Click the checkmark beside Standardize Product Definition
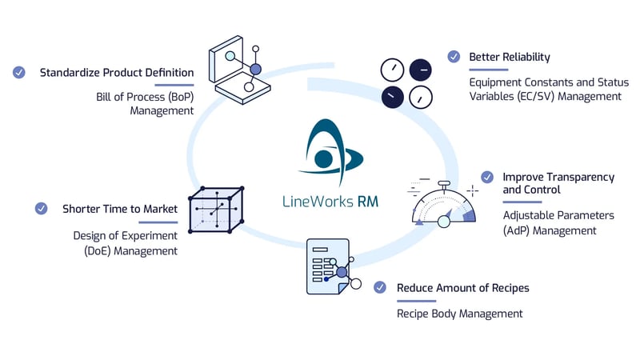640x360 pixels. coord(19,73)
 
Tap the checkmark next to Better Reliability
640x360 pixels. coord(454,57)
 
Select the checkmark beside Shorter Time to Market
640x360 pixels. coord(42,209)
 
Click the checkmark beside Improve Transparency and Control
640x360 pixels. coord(486,177)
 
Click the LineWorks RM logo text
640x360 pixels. coord(330,201)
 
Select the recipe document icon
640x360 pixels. coord(328,267)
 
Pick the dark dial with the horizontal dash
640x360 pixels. coord(420,70)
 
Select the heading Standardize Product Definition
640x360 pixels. coord(117,73)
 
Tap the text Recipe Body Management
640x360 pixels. coord(460,313)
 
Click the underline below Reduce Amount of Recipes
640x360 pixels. coord(416,302)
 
